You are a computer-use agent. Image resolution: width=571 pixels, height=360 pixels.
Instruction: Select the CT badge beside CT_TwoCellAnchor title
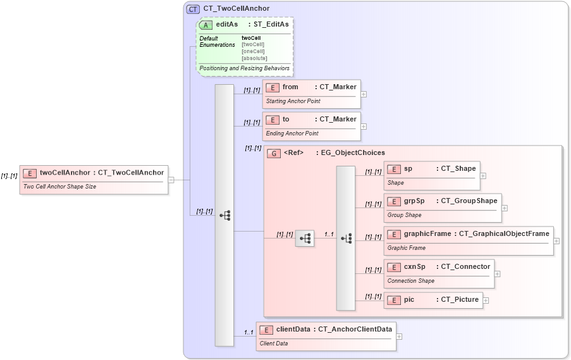point(193,9)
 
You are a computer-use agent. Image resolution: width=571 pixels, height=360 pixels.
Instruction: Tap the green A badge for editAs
point(206,25)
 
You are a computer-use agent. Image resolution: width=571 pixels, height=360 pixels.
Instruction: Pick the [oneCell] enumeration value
point(253,52)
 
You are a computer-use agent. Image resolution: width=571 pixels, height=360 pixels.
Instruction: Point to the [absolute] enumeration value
point(254,59)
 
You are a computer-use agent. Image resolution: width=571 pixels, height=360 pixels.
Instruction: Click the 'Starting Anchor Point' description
point(293,101)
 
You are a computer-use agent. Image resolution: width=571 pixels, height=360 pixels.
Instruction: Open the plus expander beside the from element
point(364,94)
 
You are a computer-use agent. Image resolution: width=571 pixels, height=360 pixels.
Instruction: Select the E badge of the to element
point(273,120)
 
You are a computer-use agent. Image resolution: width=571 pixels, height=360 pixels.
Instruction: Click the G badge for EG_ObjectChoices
point(274,153)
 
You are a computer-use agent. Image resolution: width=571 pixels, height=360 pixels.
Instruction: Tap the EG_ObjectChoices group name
point(353,153)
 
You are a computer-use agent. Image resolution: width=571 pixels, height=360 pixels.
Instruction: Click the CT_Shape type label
point(458,169)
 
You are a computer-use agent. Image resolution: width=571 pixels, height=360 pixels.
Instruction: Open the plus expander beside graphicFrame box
point(556,240)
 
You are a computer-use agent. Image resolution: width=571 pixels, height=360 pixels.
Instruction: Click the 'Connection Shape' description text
point(411,281)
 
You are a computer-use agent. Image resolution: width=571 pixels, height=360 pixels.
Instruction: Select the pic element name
point(409,300)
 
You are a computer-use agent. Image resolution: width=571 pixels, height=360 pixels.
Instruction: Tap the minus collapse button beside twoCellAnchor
point(171,180)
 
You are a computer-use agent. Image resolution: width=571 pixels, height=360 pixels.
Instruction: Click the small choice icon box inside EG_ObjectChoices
point(305,238)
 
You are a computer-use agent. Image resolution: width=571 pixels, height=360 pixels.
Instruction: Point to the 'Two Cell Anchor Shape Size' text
point(59,187)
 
